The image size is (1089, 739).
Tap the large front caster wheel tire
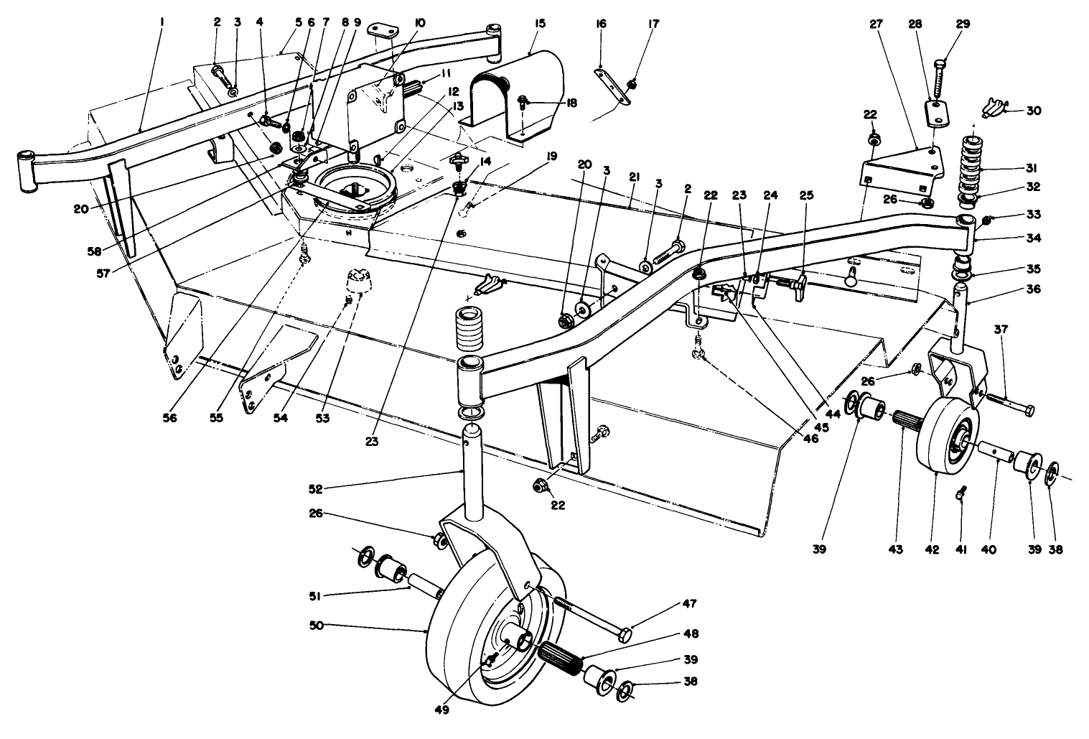[459, 646]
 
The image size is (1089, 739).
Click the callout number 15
[541, 24]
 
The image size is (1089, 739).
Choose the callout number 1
[162, 23]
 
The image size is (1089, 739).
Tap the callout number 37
[1002, 330]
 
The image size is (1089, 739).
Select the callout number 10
[420, 23]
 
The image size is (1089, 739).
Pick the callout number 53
[323, 417]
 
